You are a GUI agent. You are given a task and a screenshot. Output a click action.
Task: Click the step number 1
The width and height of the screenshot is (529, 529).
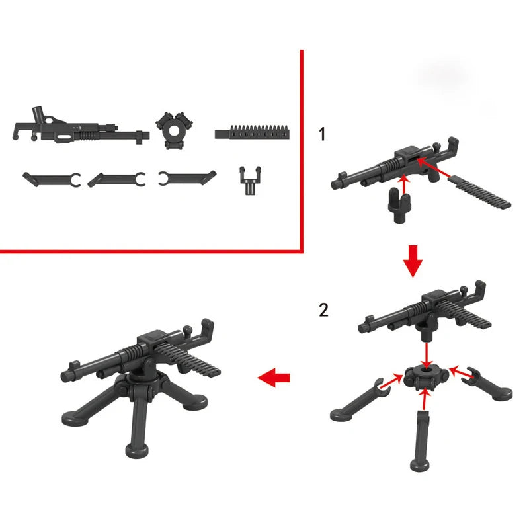point(322,134)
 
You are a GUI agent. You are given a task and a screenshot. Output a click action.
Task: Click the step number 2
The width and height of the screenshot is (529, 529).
point(323,309)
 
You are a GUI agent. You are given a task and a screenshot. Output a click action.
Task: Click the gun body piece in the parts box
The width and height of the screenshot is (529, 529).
point(79,126)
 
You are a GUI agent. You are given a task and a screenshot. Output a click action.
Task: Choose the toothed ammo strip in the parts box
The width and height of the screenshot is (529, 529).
point(254,131)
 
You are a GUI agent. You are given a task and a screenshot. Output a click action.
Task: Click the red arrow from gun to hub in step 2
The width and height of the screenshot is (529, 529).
point(427,350)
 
